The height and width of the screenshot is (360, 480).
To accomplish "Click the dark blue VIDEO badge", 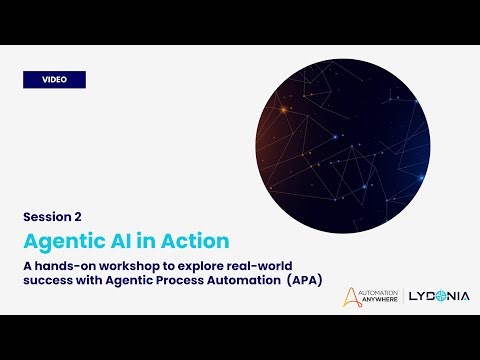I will pyautogui.click(x=54, y=79).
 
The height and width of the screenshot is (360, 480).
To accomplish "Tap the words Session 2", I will pyautogui.click(x=52, y=216).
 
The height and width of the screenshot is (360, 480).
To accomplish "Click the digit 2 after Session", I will pyautogui.click(x=77, y=216).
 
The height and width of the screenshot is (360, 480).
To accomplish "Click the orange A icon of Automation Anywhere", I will pyautogui.click(x=350, y=297).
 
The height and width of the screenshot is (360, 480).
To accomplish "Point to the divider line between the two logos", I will pyautogui.click(x=407, y=297).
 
